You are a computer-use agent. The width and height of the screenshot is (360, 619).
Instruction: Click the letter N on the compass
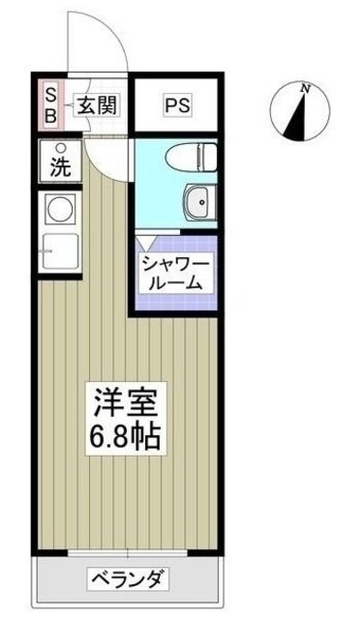point(306,90)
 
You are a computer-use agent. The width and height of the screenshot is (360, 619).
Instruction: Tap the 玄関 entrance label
point(98,104)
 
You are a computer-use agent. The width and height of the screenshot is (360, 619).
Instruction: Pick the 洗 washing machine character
point(60,166)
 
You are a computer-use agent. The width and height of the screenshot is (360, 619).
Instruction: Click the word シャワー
point(174,264)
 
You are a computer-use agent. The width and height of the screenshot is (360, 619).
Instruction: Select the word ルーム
point(174,283)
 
